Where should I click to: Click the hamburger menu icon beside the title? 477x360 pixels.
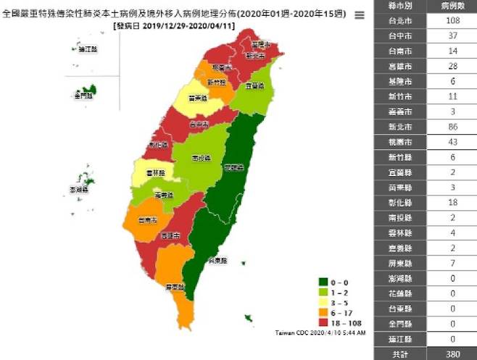point(359,15)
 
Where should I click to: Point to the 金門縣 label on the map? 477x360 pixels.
point(82,95)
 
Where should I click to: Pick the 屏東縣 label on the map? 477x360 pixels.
point(174,287)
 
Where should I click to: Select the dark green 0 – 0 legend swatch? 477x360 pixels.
point(324,282)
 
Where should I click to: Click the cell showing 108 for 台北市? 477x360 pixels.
point(449,22)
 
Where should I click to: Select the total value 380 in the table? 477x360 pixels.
point(449,353)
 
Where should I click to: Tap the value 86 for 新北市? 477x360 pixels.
point(449,127)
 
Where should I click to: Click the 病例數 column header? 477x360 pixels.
point(449,7)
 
